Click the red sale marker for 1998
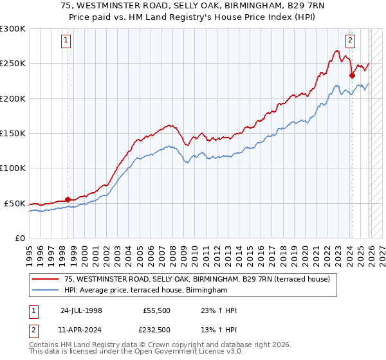68,199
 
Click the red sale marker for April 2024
352,75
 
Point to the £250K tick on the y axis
13,64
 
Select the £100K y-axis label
13,168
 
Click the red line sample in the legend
46,279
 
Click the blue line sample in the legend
46,291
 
